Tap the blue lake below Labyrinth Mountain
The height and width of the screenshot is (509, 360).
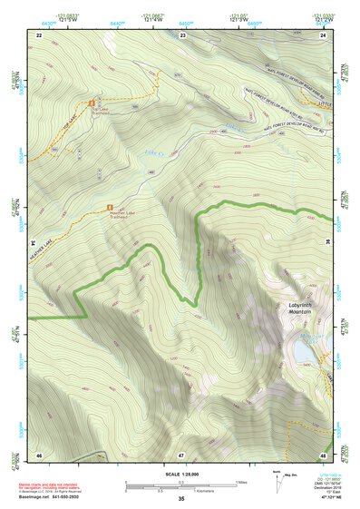click(x=302, y=350)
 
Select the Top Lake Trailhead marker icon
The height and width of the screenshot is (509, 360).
click(x=92, y=103)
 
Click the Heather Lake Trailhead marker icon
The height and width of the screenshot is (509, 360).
click(x=111, y=210)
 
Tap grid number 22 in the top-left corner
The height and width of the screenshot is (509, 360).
click(x=39, y=34)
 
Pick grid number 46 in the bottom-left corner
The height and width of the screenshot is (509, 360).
click(x=39, y=453)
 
